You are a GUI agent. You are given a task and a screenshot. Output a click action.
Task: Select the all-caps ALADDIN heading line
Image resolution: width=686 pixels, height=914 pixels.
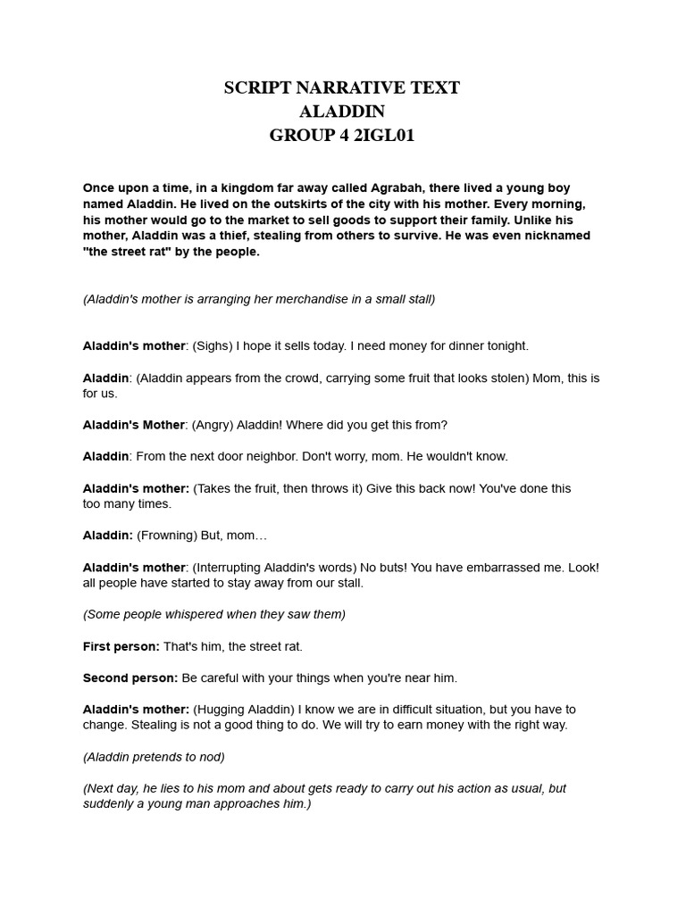[342, 112]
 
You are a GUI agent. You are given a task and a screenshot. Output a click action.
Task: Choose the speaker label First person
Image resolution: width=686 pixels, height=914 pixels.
[121, 646]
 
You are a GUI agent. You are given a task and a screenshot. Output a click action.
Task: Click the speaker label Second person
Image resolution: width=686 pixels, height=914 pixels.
[130, 678]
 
